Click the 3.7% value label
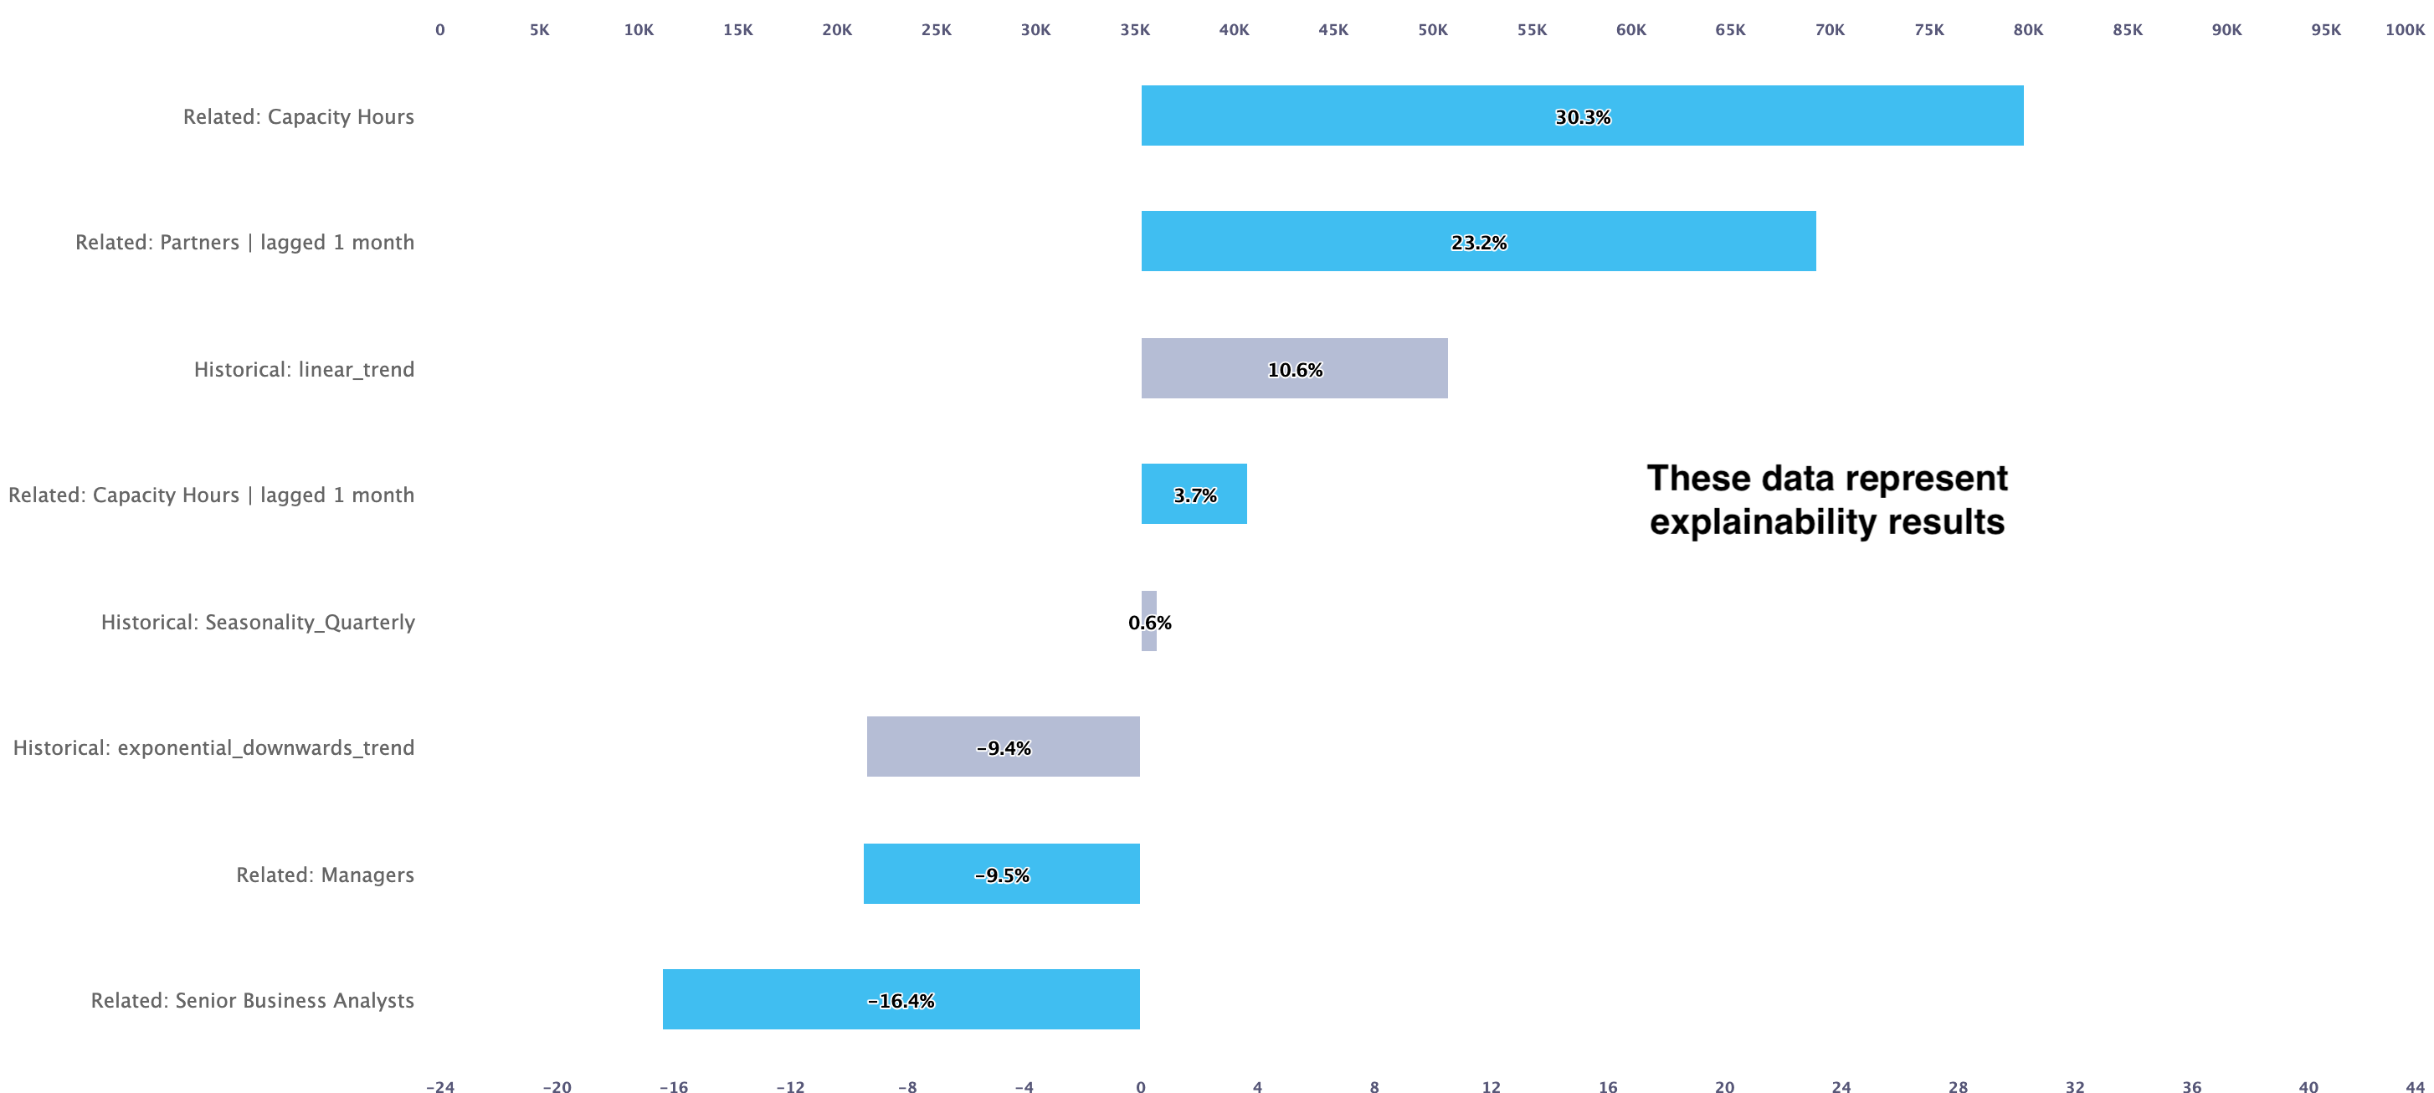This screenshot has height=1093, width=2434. tap(1194, 495)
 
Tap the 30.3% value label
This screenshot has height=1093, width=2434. tap(1583, 117)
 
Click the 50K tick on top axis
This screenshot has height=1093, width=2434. tap(1432, 29)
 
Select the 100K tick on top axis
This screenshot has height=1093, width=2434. tap(2404, 29)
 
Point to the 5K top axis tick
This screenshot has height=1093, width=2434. tap(540, 29)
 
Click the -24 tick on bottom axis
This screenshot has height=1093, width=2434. tap(440, 1087)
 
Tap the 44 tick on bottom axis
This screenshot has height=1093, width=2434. tap(2414, 1087)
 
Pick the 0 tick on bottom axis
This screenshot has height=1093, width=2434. tap(1141, 1087)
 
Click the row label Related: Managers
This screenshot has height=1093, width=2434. tap(325, 875)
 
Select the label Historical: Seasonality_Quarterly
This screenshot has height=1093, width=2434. tap(258, 622)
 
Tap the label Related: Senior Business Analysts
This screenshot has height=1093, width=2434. tap(252, 1000)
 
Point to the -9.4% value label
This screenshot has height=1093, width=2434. tap(1004, 748)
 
